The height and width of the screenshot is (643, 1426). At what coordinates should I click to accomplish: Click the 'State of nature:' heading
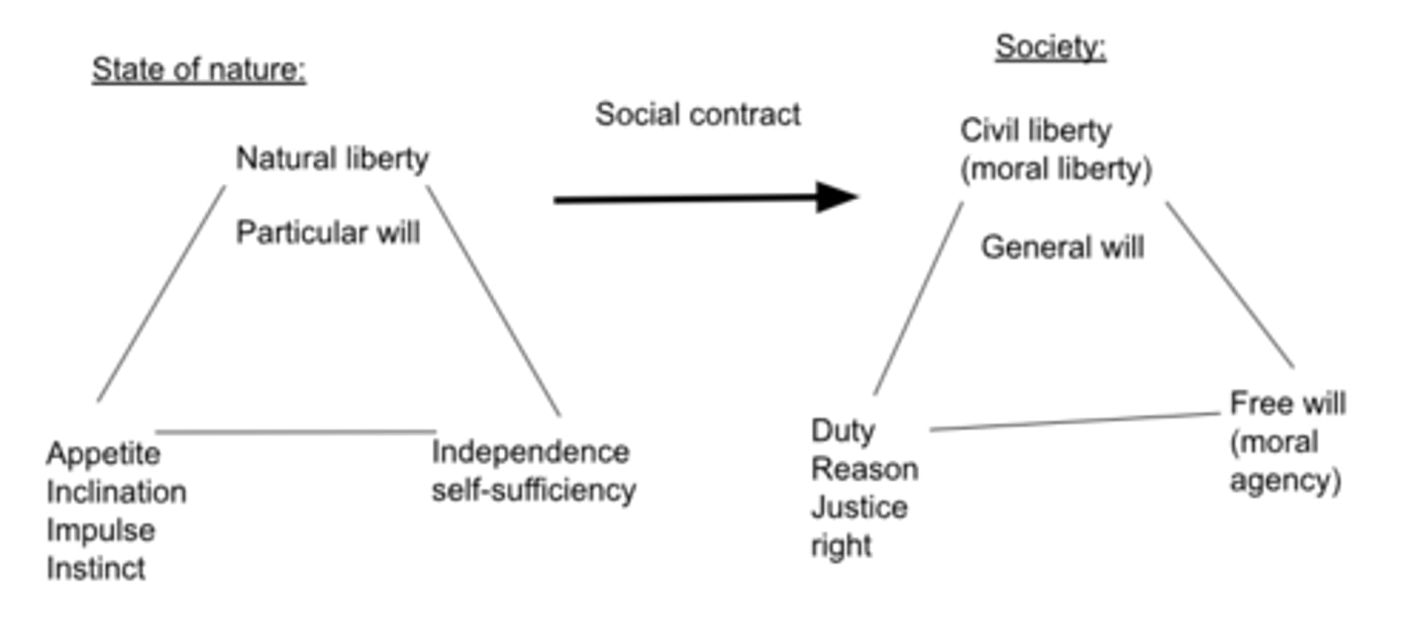(x=199, y=70)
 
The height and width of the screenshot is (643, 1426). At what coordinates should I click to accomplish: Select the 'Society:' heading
(x=1050, y=46)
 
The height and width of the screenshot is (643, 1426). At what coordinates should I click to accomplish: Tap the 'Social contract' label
(x=697, y=115)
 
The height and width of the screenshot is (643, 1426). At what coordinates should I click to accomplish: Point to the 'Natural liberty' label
(x=332, y=158)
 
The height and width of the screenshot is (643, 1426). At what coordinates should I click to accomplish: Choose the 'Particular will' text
(x=328, y=232)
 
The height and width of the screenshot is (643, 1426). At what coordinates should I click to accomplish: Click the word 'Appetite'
(x=103, y=454)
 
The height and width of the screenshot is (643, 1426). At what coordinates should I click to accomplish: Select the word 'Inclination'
(x=116, y=492)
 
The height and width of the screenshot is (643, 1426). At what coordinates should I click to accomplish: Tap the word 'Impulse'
(x=101, y=530)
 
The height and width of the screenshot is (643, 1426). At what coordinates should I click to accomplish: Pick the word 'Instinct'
(x=96, y=569)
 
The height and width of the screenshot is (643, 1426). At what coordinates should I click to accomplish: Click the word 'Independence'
(x=531, y=452)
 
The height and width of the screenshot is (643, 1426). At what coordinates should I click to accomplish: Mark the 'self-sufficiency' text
(x=533, y=490)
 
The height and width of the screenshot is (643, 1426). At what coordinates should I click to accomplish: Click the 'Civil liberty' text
(x=1036, y=131)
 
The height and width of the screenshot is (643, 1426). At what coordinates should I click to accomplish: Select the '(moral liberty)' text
(x=1056, y=169)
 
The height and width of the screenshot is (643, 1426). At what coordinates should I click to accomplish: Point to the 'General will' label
(x=1062, y=246)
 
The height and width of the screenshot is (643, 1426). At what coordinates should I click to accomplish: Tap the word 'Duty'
(x=843, y=431)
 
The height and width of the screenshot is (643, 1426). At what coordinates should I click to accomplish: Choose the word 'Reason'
(x=865, y=469)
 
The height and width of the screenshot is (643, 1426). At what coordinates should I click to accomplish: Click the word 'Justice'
(x=859, y=507)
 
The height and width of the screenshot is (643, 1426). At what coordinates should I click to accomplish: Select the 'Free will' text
(x=1287, y=404)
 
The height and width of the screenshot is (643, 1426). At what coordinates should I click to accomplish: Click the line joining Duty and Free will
(x=1074, y=421)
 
